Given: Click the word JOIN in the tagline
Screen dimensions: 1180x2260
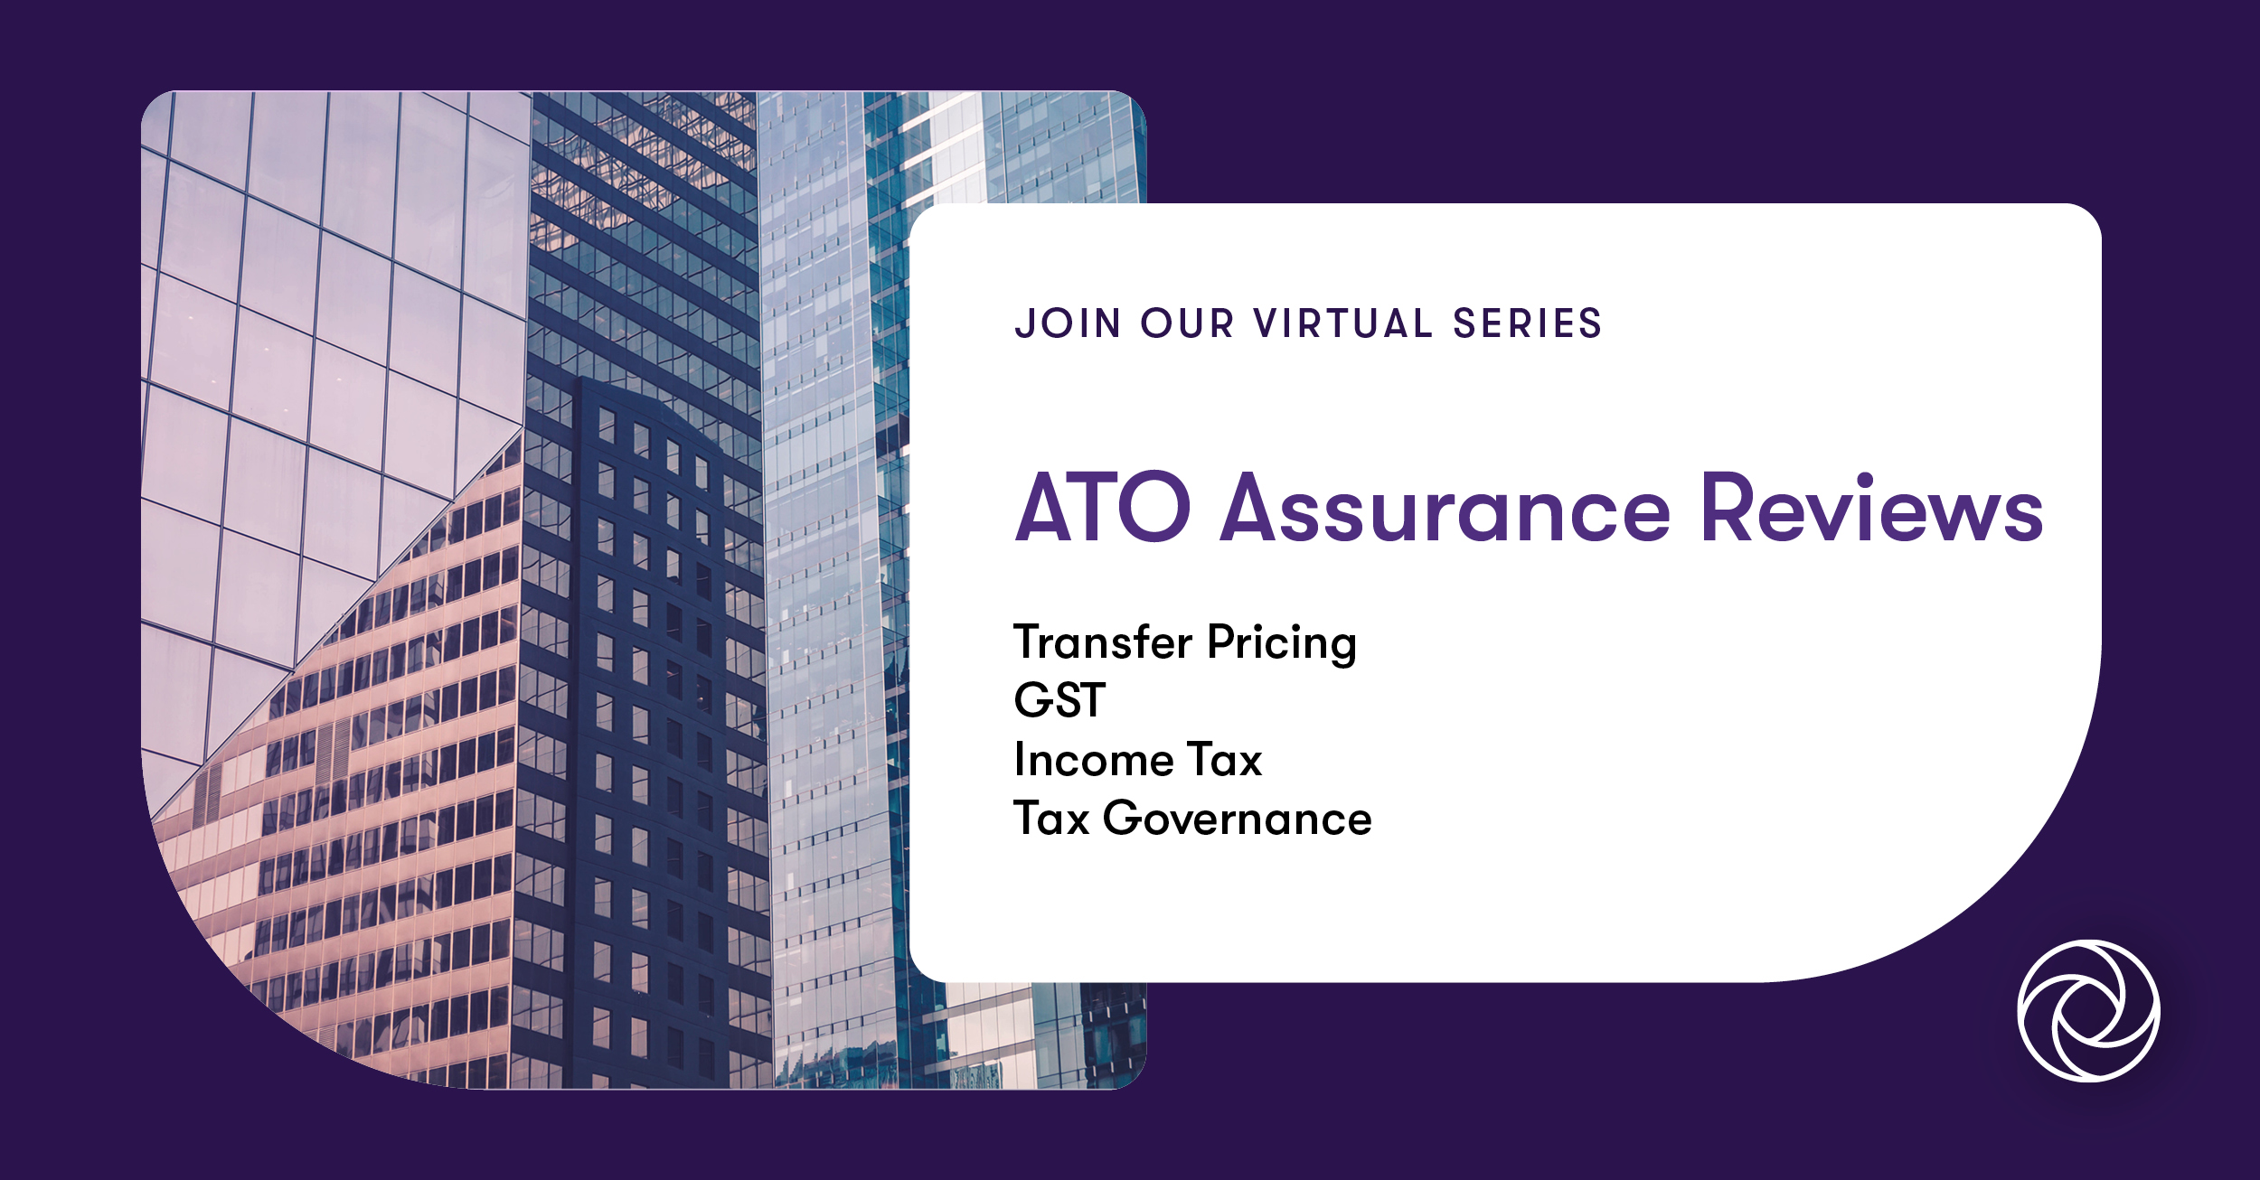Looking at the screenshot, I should (x=1068, y=323).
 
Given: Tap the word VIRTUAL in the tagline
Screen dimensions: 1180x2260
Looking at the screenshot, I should (x=1342, y=323).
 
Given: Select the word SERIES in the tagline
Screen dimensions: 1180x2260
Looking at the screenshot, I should (x=1527, y=323).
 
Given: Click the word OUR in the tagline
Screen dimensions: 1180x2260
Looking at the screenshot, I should (x=1187, y=323).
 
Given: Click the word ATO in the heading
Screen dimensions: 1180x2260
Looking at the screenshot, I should (x=1102, y=508).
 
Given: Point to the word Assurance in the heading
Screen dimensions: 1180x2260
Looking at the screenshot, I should (x=1445, y=510).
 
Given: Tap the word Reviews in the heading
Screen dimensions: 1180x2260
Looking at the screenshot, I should (x=1870, y=508).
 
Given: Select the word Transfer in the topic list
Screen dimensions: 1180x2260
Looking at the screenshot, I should (x=1103, y=642).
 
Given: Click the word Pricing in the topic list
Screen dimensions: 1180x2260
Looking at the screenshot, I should (x=1282, y=644).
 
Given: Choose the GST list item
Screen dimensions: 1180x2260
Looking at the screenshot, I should (x=1059, y=700).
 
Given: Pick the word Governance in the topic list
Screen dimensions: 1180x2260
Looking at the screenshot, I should (x=1237, y=819).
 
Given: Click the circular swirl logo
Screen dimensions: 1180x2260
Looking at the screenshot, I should (x=2088, y=1011).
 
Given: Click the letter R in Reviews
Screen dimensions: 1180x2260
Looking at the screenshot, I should (x=1727, y=508).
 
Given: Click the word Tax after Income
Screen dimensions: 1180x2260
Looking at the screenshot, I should (x=1224, y=760).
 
